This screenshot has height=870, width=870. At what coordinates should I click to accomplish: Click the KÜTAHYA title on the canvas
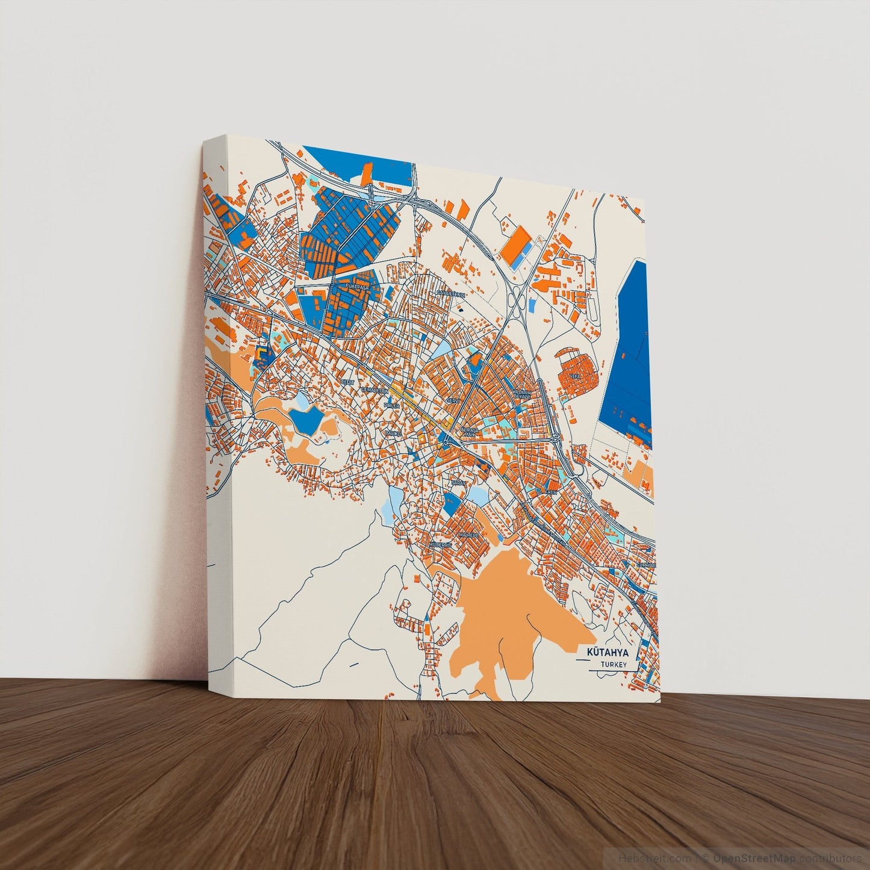tap(607, 653)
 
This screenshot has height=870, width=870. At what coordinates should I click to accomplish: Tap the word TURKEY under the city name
tap(614, 665)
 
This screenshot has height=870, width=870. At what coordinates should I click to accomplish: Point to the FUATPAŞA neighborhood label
tap(357, 288)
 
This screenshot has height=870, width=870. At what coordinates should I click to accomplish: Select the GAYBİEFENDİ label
tap(451, 293)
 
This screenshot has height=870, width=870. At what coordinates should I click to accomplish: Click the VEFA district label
tap(582, 375)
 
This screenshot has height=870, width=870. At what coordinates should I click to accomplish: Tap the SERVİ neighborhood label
tap(453, 400)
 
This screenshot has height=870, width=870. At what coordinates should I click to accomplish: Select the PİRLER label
tap(392, 406)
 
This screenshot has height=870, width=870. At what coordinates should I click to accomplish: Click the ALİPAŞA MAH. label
tap(469, 431)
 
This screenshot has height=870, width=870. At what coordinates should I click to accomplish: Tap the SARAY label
tap(459, 482)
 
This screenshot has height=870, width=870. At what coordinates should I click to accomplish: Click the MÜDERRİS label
tap(440, 544)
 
